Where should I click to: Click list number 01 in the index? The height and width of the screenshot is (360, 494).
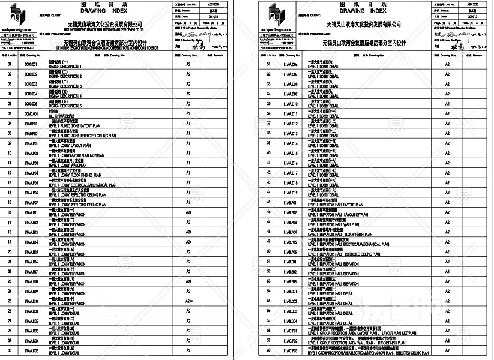10,64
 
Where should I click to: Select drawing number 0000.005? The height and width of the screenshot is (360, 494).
31,104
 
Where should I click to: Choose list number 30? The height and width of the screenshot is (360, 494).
10,350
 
